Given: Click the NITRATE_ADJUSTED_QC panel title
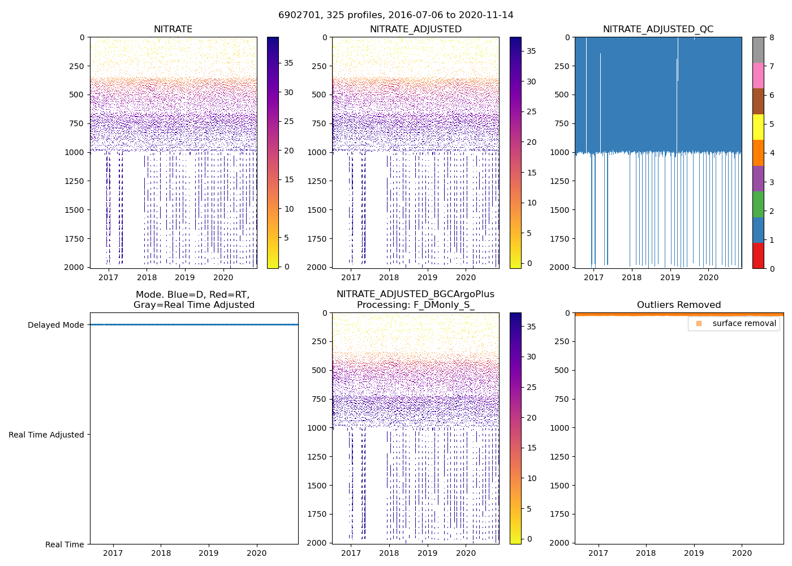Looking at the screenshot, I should (x=658, y=29).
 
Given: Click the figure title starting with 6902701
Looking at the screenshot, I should (x=396, y=15).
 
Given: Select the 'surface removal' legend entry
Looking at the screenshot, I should (x=744, y=323).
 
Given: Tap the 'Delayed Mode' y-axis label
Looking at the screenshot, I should (x=56, y=325).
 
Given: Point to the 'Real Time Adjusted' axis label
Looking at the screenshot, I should (x=46, y=435).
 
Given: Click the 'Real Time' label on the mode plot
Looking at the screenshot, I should (x=64, y=544).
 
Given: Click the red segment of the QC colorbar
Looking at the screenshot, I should (x=758, y=255).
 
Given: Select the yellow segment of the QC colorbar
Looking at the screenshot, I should (x=758, y=127).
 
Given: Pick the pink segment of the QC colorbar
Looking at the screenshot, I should (x=758, y=75).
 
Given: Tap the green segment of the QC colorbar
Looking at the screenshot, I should (x=758, y=204).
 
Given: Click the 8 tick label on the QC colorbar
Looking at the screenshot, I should (x=772, y=37).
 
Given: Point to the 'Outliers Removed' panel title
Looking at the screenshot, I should (x=679, y=305).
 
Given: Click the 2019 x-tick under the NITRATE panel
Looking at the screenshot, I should (x=185, y=277).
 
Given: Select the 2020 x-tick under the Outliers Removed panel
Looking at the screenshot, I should (x=742, y=553).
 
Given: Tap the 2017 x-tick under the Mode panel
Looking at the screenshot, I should (x=113, y=553).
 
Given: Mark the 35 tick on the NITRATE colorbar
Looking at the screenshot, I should (x=289, y=63).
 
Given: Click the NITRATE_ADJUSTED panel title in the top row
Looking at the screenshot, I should (x=416, y=29).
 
